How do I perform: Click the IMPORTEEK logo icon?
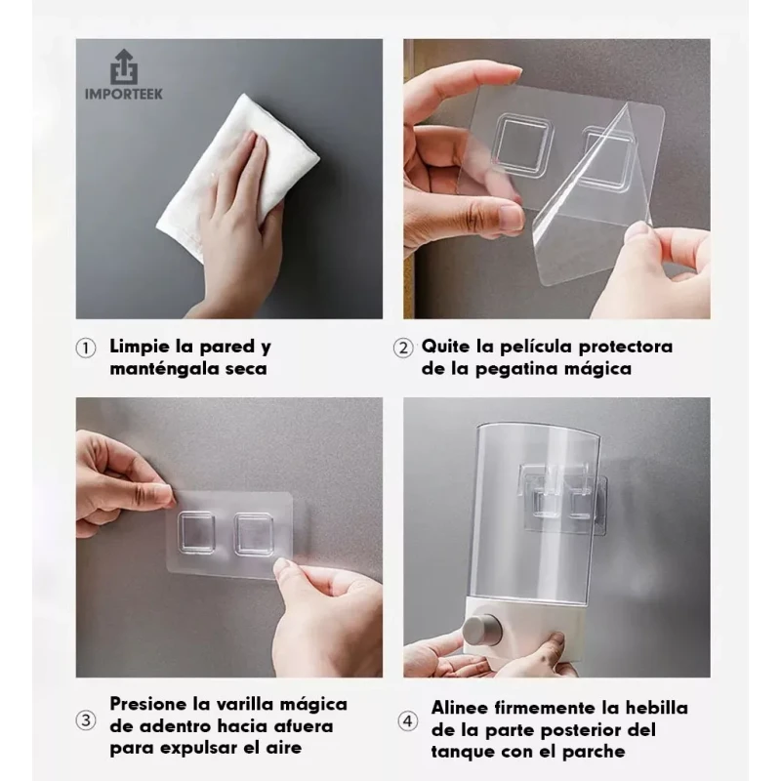coord(124,66)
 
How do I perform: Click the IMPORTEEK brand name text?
coord(124,94)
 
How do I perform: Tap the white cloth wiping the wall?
coord(238,177)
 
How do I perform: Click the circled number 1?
coord(86,349)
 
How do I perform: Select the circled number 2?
coord(403,349)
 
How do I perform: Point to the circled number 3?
coord(86,720)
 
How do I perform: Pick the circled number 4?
coord(408,721)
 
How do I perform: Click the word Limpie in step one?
coord(141,347)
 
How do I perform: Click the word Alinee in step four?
coord(460,708)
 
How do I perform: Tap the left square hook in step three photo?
coord(197,532)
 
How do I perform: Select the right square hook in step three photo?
coord(254,534)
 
